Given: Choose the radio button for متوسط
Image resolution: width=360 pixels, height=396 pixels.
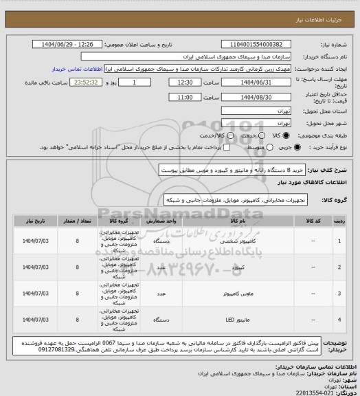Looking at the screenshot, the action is (221, 147).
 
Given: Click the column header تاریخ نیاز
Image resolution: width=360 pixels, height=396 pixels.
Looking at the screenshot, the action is (35, 221).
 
